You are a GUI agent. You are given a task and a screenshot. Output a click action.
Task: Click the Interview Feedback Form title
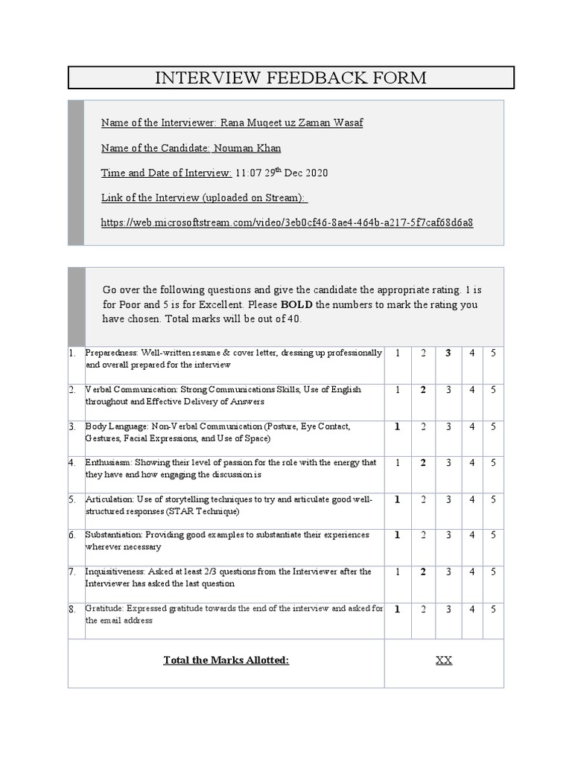[290, 77]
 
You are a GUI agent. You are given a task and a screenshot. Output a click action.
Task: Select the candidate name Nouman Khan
[247, 148]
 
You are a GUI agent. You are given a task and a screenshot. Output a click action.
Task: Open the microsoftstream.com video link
[287, 222]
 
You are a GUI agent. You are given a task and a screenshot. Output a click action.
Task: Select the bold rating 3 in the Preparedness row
[448, 353]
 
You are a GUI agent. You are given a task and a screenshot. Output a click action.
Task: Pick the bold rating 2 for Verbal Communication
[422, 389]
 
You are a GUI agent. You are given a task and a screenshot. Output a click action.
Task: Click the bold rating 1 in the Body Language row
[397, 426]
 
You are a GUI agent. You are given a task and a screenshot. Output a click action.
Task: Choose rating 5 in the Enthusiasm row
[492, 463]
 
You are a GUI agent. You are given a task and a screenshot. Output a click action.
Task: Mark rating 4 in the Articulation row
[471, 499]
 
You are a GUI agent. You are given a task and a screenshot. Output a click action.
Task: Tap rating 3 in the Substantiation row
[448, 535]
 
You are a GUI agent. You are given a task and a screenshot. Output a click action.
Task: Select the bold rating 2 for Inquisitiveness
[422, 571]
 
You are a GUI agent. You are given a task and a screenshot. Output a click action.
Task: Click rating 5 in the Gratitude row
[492, 609]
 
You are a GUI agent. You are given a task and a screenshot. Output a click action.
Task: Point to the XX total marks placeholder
[443, 660]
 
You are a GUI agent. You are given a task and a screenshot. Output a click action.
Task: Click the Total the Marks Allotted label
[226, 660]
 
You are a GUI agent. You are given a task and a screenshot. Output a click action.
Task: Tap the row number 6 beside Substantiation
[71, 535]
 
